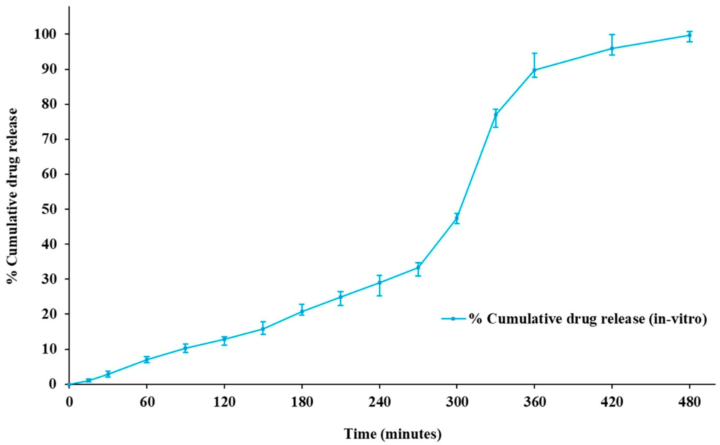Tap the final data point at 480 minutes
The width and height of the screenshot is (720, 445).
(689, 35)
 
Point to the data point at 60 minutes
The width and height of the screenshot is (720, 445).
(147, 359)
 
